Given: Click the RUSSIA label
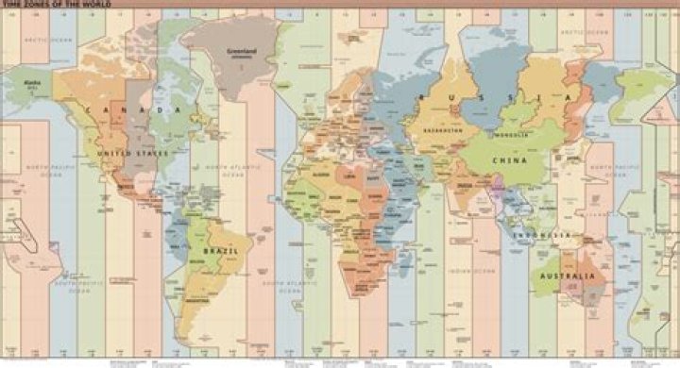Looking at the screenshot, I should click(x=496, y=98).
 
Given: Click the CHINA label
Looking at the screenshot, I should click(x=510, y=161).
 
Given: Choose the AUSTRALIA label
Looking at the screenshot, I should click(x=567, y=276).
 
